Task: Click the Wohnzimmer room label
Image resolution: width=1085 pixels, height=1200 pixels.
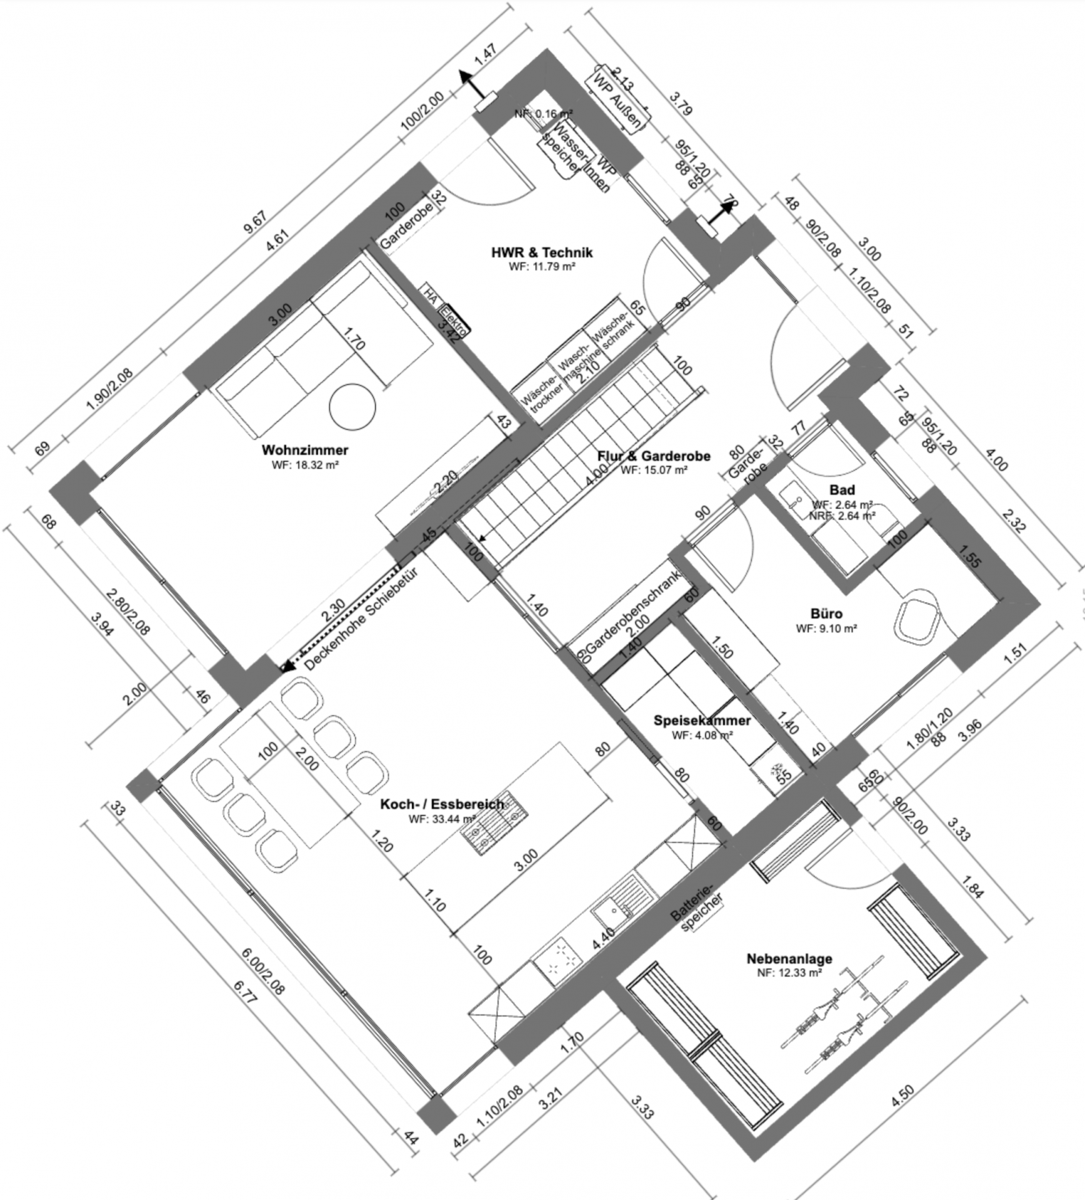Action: pyautogui.click(x=305, y=450)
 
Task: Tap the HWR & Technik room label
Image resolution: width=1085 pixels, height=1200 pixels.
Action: pyautogui.click(x=541, y=252)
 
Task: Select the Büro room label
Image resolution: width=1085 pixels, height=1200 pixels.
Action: pyautogui.click(x=826, y=614)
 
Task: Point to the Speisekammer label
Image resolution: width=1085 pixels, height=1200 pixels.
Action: pyautogui.click(x=702, y=720)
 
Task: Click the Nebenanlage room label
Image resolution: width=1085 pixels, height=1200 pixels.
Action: pyautogui.click(x=789, y=958)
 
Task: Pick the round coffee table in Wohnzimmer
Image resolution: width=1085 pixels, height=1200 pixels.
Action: pyautogui.click(x=352, y=407)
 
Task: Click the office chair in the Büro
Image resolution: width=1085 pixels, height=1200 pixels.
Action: pyautogui.click(x=917, y=615)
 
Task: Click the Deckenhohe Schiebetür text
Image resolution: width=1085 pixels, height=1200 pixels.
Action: pyautogui.click(x=361, y=618)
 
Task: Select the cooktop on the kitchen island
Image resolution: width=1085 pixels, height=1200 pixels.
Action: pyautogui.click(x=494, y=822)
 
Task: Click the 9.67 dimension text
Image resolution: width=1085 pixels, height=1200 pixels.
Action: pyautogui.click(x=255, y=222)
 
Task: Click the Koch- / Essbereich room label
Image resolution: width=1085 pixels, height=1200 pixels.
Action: pyautogui.click(x=442, y=804)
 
